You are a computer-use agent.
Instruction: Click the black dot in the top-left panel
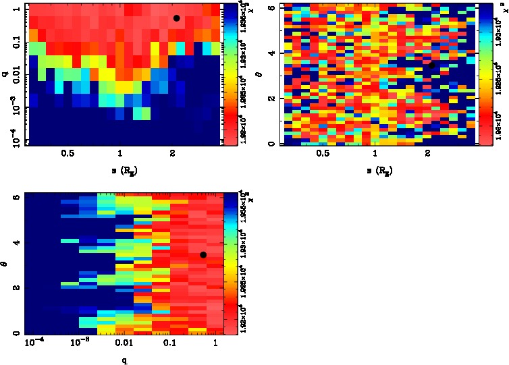point(176,18)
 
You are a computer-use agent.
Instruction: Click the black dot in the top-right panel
point(431,65)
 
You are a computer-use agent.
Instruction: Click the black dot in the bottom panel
point(203,254)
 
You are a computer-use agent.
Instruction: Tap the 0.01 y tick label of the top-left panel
point(11,76)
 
